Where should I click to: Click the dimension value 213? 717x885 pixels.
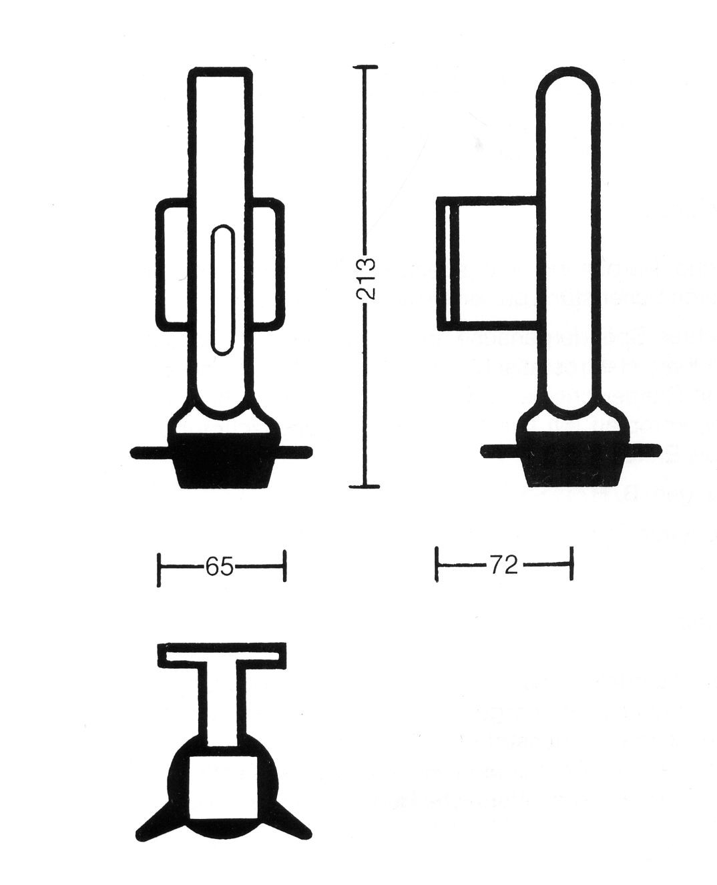(367, 279)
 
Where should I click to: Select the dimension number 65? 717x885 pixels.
(219, 567)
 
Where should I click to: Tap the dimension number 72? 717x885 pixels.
(504, 565)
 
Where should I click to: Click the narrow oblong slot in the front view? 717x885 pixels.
(223, 290)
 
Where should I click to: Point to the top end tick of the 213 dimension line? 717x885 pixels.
(365, 67)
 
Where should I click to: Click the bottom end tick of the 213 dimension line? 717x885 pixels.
(365, 486)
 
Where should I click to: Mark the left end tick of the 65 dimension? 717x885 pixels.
(159, 569)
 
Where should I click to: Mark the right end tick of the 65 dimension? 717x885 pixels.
(284, 566)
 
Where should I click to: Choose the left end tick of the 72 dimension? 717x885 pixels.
(437, 564)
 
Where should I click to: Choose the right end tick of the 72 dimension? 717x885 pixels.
(572, 563)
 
